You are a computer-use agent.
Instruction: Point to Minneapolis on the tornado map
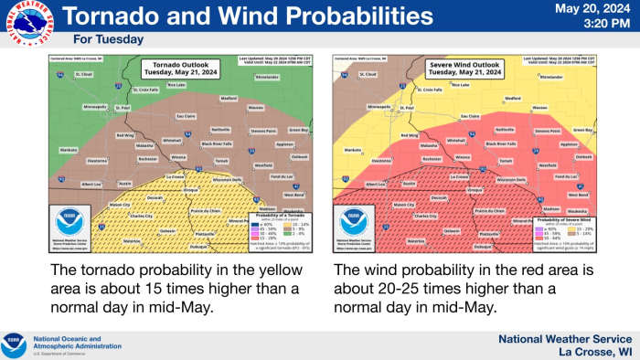[95, 107]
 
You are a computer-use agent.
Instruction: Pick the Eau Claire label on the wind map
[470, 116]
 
